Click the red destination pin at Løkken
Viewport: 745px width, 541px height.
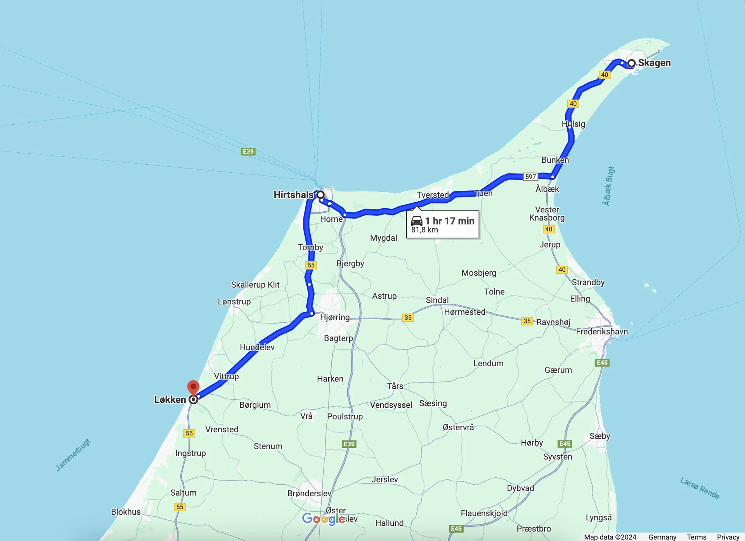tap(193, 388)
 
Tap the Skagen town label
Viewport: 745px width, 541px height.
tap(654, 63)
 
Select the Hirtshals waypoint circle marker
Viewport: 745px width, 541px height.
tap(321, 195)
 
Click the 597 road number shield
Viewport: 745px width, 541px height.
tap(530, 177)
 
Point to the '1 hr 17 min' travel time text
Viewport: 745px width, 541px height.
tap(449, 221)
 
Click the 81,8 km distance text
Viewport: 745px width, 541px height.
tap(424, 230)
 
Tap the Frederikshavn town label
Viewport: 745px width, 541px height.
tap(602, 332)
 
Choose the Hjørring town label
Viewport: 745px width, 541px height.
tap(335, 317)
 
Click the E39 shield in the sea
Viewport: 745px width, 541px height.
tap(248, 151)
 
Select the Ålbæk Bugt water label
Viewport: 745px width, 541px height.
tap(608, 186)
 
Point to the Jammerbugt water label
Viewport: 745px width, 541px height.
tap(73, 454)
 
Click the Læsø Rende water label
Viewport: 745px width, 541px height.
tap(700, 488)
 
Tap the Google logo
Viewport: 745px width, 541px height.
tap(324, 519)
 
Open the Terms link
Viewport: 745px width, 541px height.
tap(696, 537)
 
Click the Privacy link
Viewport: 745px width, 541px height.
tap(728, 537)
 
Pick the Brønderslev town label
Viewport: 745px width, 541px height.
tap(309, 493)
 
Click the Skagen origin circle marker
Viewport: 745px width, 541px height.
tap(632, 63)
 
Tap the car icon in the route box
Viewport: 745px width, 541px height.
tap(417, 221)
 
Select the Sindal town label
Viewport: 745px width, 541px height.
tap(437, 300)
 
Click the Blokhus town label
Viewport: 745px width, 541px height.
tap(126, 512)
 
